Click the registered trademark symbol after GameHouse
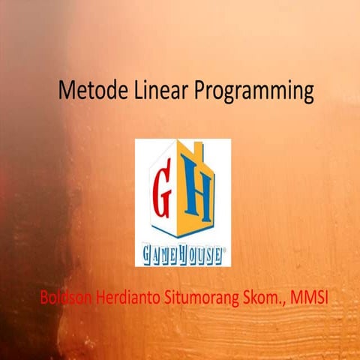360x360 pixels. click(x=224, y=250)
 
